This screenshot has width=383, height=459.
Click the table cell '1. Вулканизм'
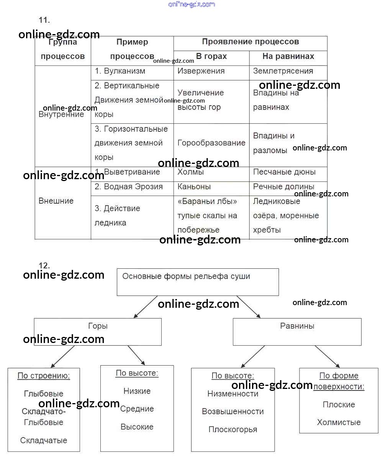[120, 71]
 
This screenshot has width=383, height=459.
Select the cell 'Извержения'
[201, 71]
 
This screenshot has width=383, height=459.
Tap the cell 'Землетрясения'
[283, 71]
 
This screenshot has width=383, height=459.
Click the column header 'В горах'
[211, 57]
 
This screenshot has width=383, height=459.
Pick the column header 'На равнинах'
[288, 57]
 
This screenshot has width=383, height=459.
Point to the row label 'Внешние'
[56, 201]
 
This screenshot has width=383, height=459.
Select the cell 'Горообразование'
[211, 143]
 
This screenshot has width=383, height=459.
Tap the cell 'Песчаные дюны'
[284, 172]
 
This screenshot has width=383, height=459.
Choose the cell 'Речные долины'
[283, 187]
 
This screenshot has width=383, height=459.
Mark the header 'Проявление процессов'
[250, 42]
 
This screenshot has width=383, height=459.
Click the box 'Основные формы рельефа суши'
[198, 281]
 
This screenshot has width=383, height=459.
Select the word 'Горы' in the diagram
[98, 326]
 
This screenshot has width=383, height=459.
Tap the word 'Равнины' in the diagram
[297, 326]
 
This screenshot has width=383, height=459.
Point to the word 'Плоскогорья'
[233, 430]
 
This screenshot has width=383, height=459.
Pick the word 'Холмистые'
[339, 423]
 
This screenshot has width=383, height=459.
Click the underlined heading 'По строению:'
[44, 376]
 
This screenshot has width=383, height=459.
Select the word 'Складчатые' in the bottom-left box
[44, 441]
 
